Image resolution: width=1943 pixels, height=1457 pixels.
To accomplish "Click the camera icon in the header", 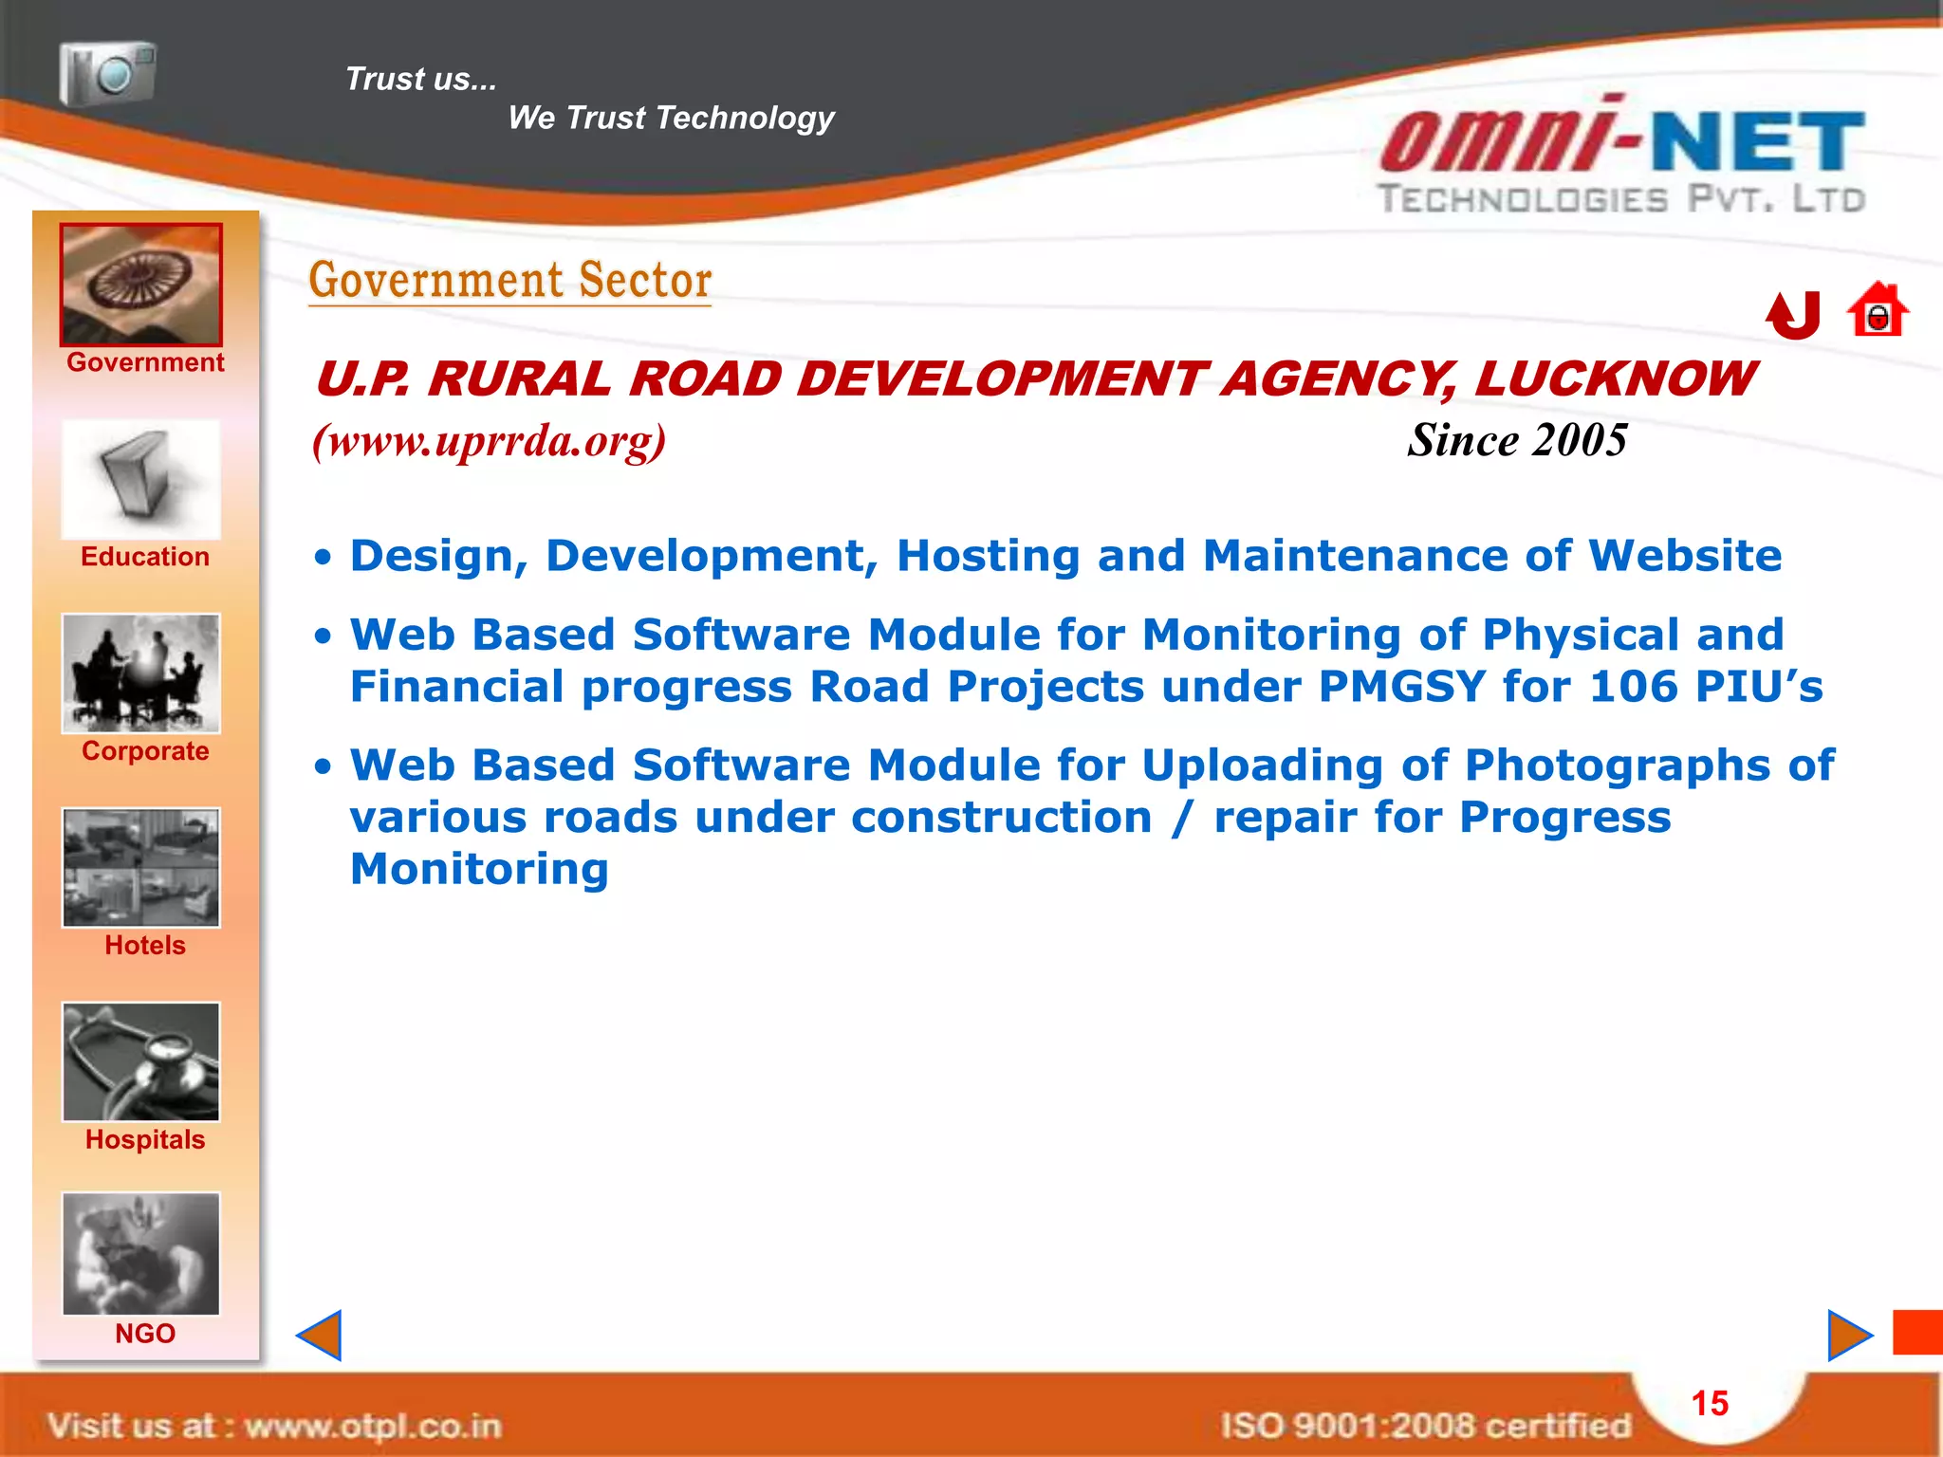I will click(x=107, y=72).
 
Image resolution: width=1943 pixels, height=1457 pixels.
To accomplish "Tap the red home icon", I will click(x=1877, y=310).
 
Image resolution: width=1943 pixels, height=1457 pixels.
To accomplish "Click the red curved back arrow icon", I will click(x=1794, y=315).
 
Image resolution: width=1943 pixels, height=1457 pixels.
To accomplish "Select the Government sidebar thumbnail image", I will click(x=141, y=285).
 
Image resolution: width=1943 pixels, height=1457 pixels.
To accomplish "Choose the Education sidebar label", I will click(x=145, y=557).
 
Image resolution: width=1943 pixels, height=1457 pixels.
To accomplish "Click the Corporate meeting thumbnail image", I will click(x=141, y=673).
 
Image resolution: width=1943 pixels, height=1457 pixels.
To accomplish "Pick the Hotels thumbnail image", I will click(x=141, y=867).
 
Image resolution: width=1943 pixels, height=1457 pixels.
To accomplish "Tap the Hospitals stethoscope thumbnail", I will click(x=141, y=1061).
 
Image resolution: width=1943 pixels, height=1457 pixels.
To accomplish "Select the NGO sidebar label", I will click(x=145, y=1334).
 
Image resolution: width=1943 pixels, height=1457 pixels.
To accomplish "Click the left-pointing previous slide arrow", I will click(x=320, y=1336).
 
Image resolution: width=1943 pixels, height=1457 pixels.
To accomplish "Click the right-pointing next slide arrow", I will click(x=1848, y=1336).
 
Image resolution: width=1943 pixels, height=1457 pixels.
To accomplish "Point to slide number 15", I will click(x=1710, y=1403).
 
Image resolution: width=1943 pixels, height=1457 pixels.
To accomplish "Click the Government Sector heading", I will click(x=510, y=281).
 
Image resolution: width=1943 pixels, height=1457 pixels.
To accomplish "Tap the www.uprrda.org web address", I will click(x=490, y=441).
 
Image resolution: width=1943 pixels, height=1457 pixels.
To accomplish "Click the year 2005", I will click(x=1581, y=440).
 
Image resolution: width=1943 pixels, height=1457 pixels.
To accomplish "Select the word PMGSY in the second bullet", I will click(x=1401, y=687).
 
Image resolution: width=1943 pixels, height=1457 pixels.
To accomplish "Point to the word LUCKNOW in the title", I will click(x=1615, y=379).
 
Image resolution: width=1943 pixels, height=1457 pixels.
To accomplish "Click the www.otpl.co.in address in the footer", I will click(x=373, y=1426).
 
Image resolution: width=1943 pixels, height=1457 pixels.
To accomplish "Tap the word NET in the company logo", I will click(x=1758, y=142).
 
